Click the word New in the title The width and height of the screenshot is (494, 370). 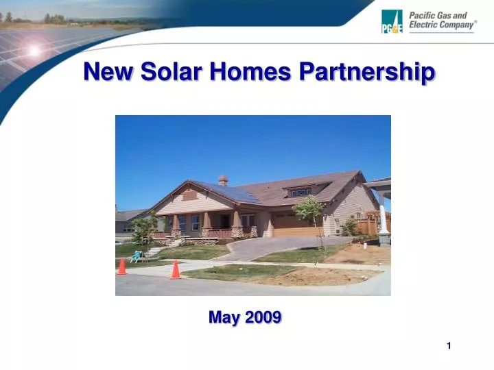point(108,72)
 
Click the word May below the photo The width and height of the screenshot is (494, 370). point(223,317)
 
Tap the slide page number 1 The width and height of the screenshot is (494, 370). point(449,346)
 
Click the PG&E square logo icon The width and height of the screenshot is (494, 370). point(392,21)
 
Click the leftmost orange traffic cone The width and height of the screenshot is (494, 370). point(122,266)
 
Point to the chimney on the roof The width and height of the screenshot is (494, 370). point(223,180)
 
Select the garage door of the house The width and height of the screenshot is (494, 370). point(296,227)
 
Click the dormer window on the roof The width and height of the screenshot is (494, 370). point(300,193)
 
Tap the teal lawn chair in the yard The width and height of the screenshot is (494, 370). point(137,256)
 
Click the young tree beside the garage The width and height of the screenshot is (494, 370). point(310,212)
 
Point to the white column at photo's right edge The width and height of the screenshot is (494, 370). point(384,219)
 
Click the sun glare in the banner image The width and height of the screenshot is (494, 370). point(32,50)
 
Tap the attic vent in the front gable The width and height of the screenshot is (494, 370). point(189,195)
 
